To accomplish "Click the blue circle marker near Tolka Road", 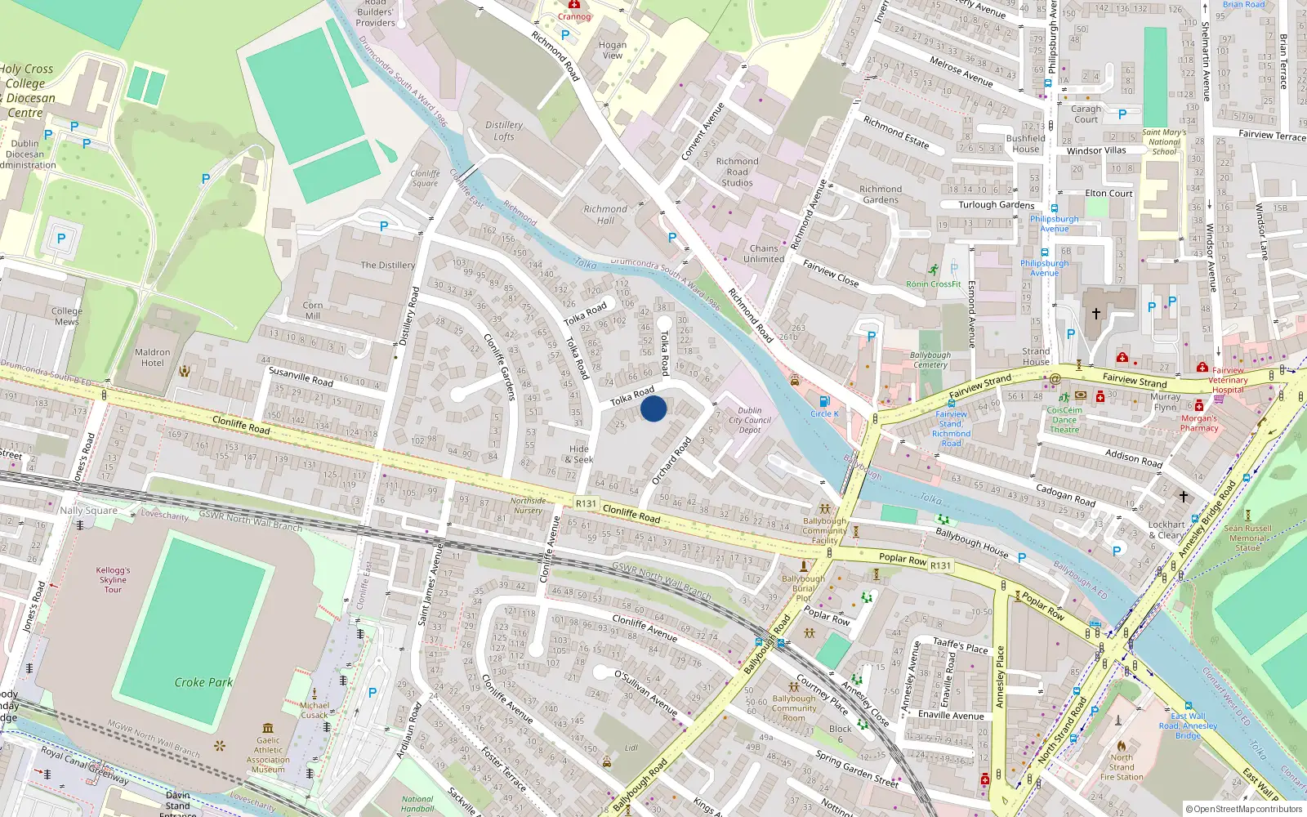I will pyautogui.click(x=653, y=408).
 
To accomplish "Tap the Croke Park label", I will pyautogui.click(x=203, y=682).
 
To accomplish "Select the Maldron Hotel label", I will pyautogui.click(x=153, y=358).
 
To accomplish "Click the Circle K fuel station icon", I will pyautogui.click(x=823, y=401).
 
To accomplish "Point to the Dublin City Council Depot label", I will pyautogui.click(x=750, y=420).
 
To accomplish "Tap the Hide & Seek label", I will pyautogui.click(x=579, y=454).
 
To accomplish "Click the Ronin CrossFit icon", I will pyautogui.click(x=933, y=270).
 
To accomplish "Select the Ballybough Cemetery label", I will pyautogui.click(x=930, y=360).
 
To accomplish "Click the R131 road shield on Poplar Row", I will pyautogui.click(x=940, y=565).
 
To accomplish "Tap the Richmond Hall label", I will pyautogui.click(x=605, y=215).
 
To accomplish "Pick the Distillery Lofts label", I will pyautogui.click(x=504, y=131).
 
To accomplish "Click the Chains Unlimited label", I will pyautogui.click(x=764, y=253).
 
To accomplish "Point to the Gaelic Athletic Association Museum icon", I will pyautogui.click(x=268, y=728).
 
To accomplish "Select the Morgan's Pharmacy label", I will pyautogui.click(x=1199, y=423).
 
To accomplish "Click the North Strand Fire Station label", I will pyautogui.click(x=1122, y=767).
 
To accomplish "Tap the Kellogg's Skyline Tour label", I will pyautogui.click(x=113, y=580).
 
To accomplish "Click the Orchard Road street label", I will pyautogui.click(x=671, y=462).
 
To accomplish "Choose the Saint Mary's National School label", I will pyautogui.click(x=1164, y=141).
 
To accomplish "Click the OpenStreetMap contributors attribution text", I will pyautogui.click(x=1244, y=809).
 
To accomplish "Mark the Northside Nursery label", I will pyautogui.click(x=528, y=505).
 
